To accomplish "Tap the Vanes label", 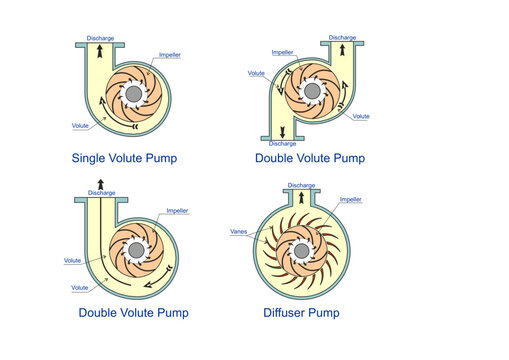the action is tap(238, 232).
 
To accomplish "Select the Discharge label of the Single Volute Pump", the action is tap(100, 37).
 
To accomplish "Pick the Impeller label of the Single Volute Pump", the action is tap(170, 56).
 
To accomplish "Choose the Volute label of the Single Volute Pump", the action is tap(84, 125).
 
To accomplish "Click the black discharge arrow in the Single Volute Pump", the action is tap(100, 54).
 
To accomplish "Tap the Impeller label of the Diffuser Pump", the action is tap(350, 200).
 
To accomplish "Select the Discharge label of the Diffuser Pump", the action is tap(302, 185).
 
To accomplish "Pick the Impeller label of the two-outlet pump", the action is tap(284, 52).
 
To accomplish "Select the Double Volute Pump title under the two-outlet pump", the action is tap(309, 158).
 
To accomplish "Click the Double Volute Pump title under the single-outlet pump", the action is tap(133, 313).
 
